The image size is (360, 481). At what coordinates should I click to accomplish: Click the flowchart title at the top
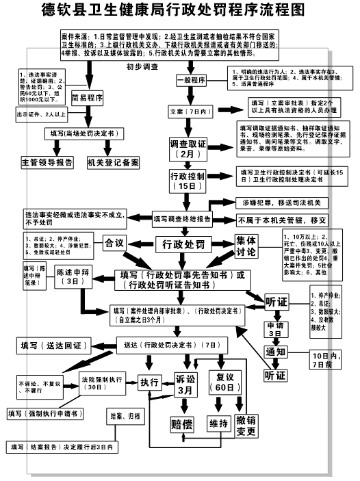tap(180, 10)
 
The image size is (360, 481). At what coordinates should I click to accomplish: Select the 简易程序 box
tap(86, 98)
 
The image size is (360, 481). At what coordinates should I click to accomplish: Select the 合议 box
tap(114, 242)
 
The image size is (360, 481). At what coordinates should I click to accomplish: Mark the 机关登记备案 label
tap(113, 163)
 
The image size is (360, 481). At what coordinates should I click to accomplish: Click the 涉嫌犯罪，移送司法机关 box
tap(281, 203)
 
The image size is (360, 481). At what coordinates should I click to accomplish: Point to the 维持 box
tap(218, 425)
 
